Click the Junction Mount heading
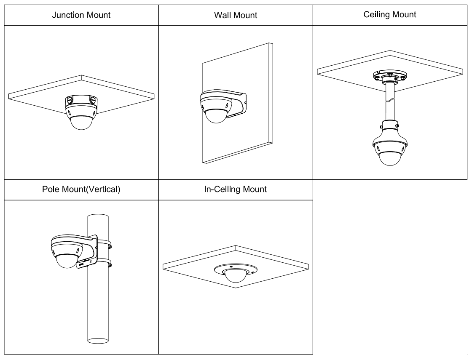81,15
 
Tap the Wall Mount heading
236,16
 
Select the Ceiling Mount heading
390,15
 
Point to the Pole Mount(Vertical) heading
81,189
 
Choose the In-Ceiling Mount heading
236,189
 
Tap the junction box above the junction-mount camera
81,101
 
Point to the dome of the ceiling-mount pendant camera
390,158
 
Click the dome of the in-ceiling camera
236,276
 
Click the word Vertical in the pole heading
103,189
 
